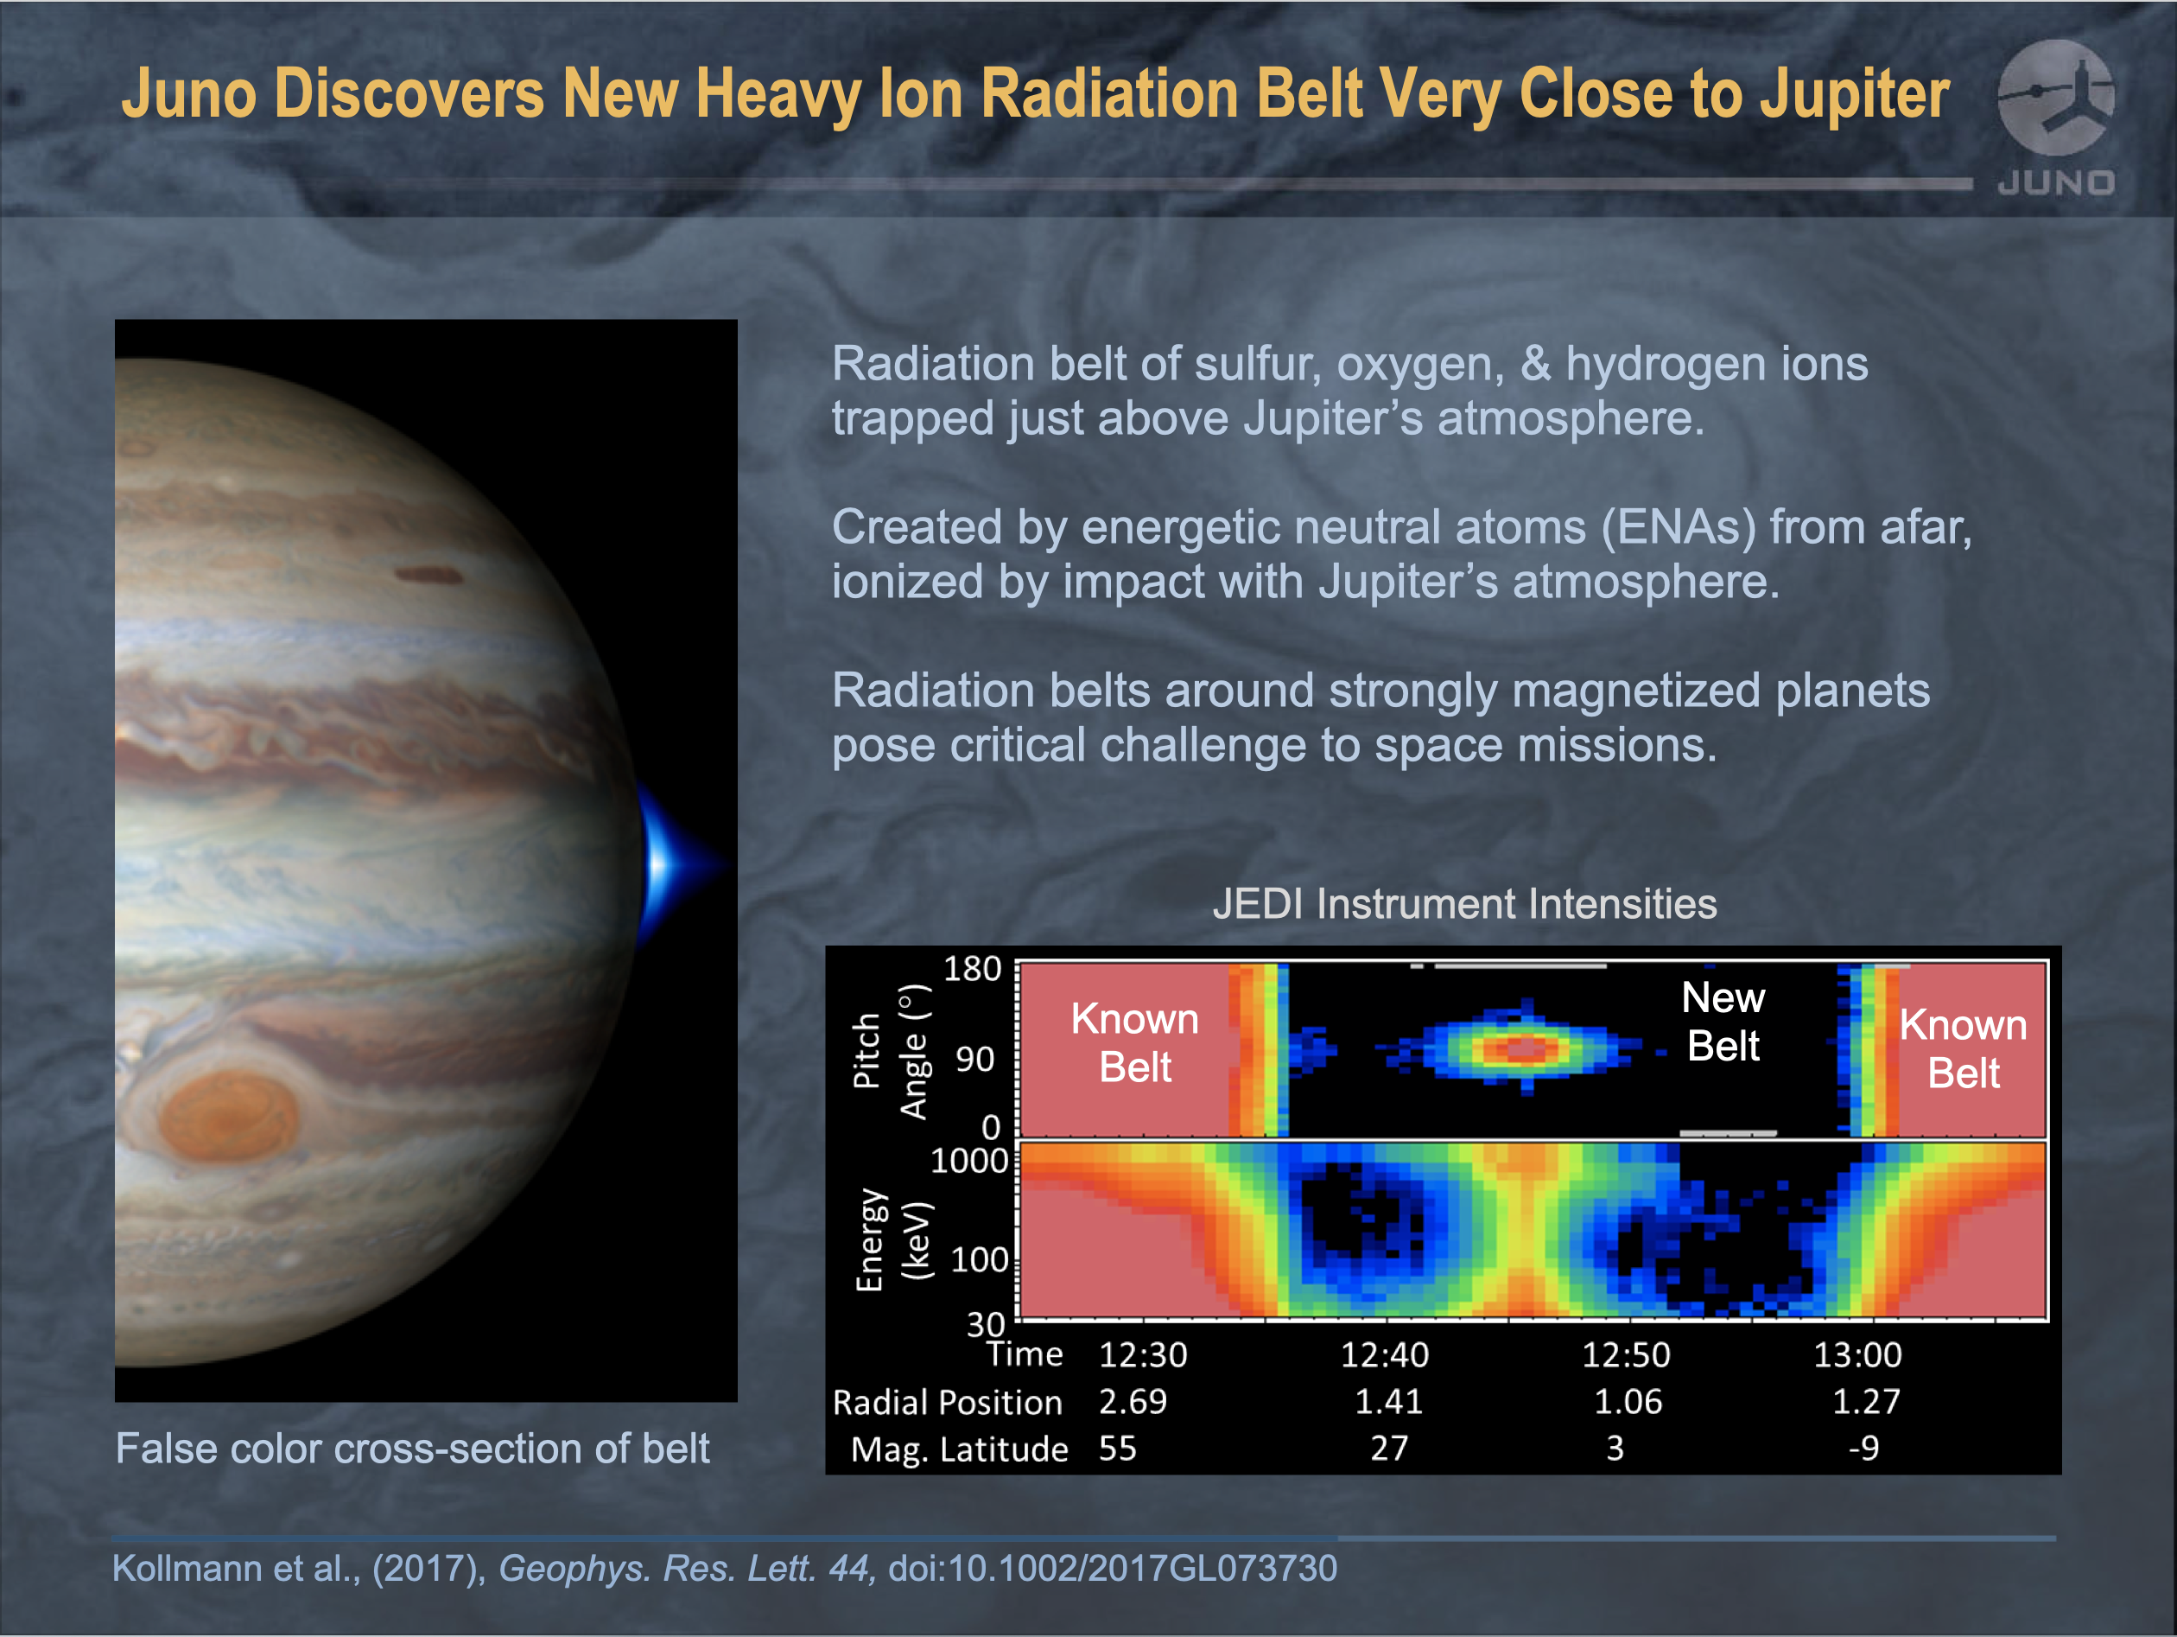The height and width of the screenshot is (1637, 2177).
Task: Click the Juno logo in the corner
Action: (2056, 116)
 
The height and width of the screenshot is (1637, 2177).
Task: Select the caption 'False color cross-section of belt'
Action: (412, 1448)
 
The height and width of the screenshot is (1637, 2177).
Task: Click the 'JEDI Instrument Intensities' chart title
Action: (1464, 904)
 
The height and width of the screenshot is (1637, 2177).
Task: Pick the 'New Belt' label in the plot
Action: (1723, 1022)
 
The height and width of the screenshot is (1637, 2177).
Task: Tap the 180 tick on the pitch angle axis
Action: (973, 969)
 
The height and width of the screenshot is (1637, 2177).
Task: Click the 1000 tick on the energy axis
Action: (969, 1162)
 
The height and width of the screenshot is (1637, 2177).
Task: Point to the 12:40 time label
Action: (1385, 1355)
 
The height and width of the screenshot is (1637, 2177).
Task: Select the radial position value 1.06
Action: (1628, 1402)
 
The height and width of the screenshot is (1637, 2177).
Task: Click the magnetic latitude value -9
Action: (1863, 1448)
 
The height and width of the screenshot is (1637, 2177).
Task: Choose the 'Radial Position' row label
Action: (948, 1402)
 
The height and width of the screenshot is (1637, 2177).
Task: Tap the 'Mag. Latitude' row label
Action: (960, 1449)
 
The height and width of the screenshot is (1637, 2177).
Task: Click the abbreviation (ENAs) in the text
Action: (1678, 527)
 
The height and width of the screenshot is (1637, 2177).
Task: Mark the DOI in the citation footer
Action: (1113, 1568)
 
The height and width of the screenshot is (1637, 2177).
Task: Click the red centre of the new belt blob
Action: (1521, 1048)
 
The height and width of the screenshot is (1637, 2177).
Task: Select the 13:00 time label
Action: (1858, 1355)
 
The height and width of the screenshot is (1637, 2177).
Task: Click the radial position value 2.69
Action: (1133, 1402)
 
